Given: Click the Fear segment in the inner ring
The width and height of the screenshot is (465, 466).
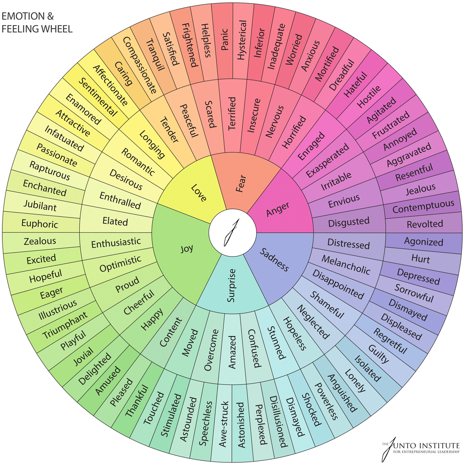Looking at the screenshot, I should [240, 183].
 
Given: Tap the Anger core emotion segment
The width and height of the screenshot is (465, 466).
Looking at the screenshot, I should [278, 209].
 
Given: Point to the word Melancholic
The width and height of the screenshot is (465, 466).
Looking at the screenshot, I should [346, 265].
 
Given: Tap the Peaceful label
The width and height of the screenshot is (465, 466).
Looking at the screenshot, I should [189, 120].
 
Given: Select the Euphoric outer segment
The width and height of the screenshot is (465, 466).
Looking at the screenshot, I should [40, 224].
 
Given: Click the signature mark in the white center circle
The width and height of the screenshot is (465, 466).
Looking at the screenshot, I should [232, 232].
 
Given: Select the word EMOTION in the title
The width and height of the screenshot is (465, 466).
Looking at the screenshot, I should [23, 16].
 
